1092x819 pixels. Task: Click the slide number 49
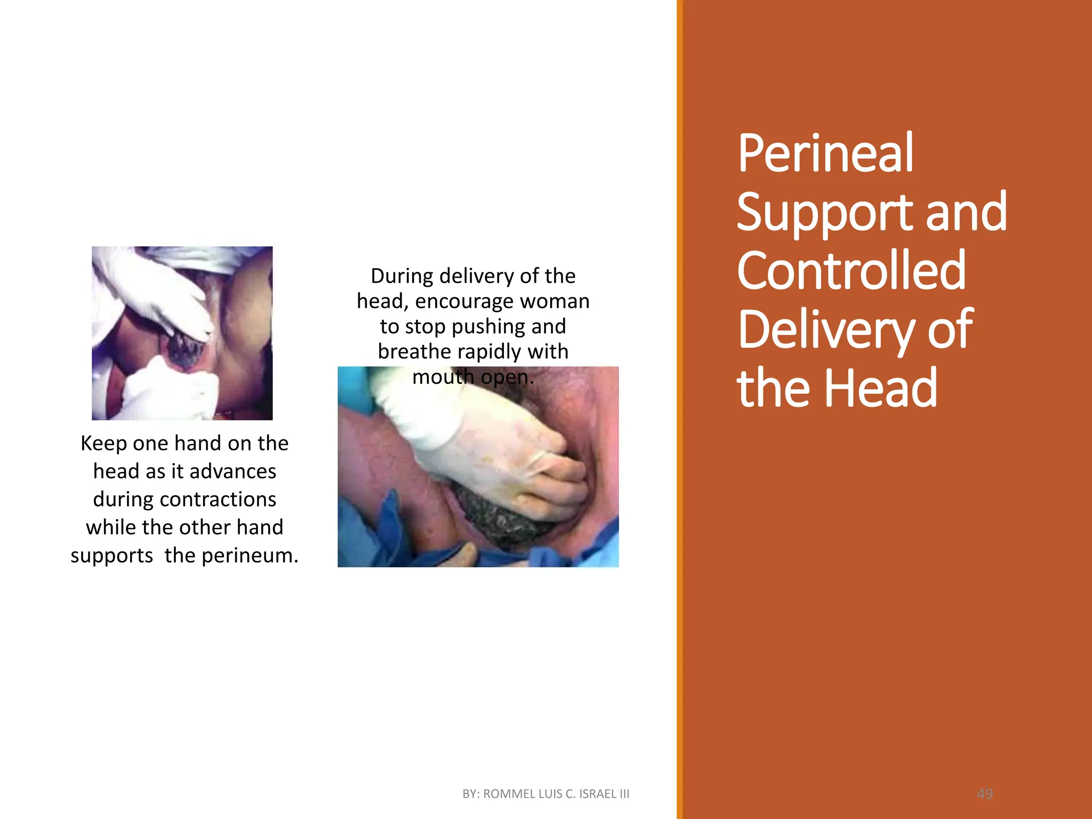(985, 794)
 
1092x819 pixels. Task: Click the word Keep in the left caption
(103, 444)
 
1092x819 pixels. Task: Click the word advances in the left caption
(232, 472)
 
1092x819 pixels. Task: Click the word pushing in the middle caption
(489, 327)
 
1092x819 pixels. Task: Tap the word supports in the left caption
(112, 556)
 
